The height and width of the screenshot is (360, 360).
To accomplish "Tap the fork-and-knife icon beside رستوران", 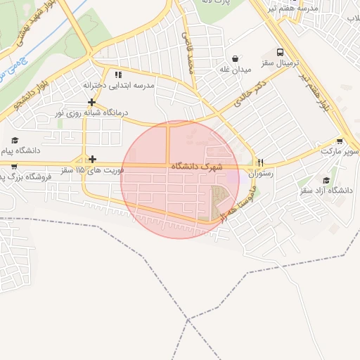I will pyautogui.click(x=260, y=161).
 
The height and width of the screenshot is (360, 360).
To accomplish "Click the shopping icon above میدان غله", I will pyautogui.click(x=234, y=58).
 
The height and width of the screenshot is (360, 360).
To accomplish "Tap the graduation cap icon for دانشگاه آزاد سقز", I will pyautogui.click(x=326, y=181).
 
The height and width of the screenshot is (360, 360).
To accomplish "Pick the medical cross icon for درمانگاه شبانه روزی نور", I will pyautogui.click(x=92, y=102).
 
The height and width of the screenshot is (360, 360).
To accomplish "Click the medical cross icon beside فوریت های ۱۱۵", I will pyautogui.click(x=92, y=159).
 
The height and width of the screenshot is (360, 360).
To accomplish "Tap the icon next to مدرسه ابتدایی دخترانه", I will pyautogui.click(x=118, y=75).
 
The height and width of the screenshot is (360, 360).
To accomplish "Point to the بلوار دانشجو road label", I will pyautogui.click(x=33, y=95).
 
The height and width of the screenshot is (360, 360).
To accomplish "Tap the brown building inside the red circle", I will pyautogui.click(x=221, y=202).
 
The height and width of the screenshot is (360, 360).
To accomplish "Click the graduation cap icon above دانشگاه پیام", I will pyautogui.click(x=15, y=141).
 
